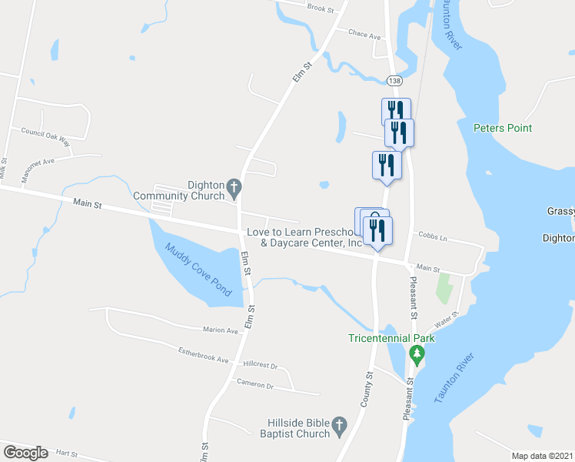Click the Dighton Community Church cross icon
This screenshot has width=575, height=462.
pyautogui.click(x=235, y=186)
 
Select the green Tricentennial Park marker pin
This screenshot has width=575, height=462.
pyautogui.click(x=417, y=355)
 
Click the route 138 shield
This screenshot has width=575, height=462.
pyautogui.click(x=394, y=81)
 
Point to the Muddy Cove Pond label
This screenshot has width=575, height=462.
pyautogui.click(x=199, y=269)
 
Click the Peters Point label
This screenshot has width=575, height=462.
pyautogui.click(x=503, y=128)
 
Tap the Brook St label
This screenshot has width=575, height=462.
pyautogui.click(x=321, y=8)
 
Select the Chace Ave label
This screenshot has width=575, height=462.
pyautogui.click(x=364, y=35)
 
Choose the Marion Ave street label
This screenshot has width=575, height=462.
pyautogui.click(x=221, y=330)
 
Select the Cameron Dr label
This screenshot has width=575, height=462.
pyautogui.click(x=255, y=384)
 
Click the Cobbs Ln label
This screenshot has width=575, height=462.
pyautogui.click(x=432, y=238)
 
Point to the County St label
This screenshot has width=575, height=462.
pyautogui.click(x=366, y=388)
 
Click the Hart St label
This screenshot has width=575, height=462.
pyautogui.click(x=68, y=454)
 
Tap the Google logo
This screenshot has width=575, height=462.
pyautogui.click(x=25, y=453)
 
